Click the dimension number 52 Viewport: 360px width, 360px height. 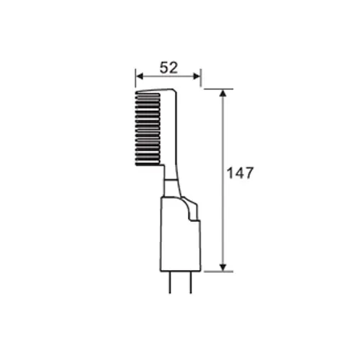pyautogui.click(x=169, y=68)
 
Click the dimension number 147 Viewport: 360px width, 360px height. pyautogui.click(x=240, y=173)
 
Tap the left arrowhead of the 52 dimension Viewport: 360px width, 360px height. pyautogui.click(x=139, y=76)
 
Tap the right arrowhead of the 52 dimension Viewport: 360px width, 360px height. pyautogui.click(x=197, y=76)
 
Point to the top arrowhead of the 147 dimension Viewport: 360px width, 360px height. pyautogui.click(x=223, y=93)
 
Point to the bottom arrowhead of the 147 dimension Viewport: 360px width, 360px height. pyautogui.click(x=223, y=267)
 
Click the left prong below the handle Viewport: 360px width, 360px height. pyautogui.click(x=170, y=282)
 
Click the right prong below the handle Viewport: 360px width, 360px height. pyautogui.click(x=191, y=282)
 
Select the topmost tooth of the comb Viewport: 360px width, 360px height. pyautogui.click(x=148, y=95)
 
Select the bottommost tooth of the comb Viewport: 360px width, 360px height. pyautogui.click(x=148, y=164)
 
